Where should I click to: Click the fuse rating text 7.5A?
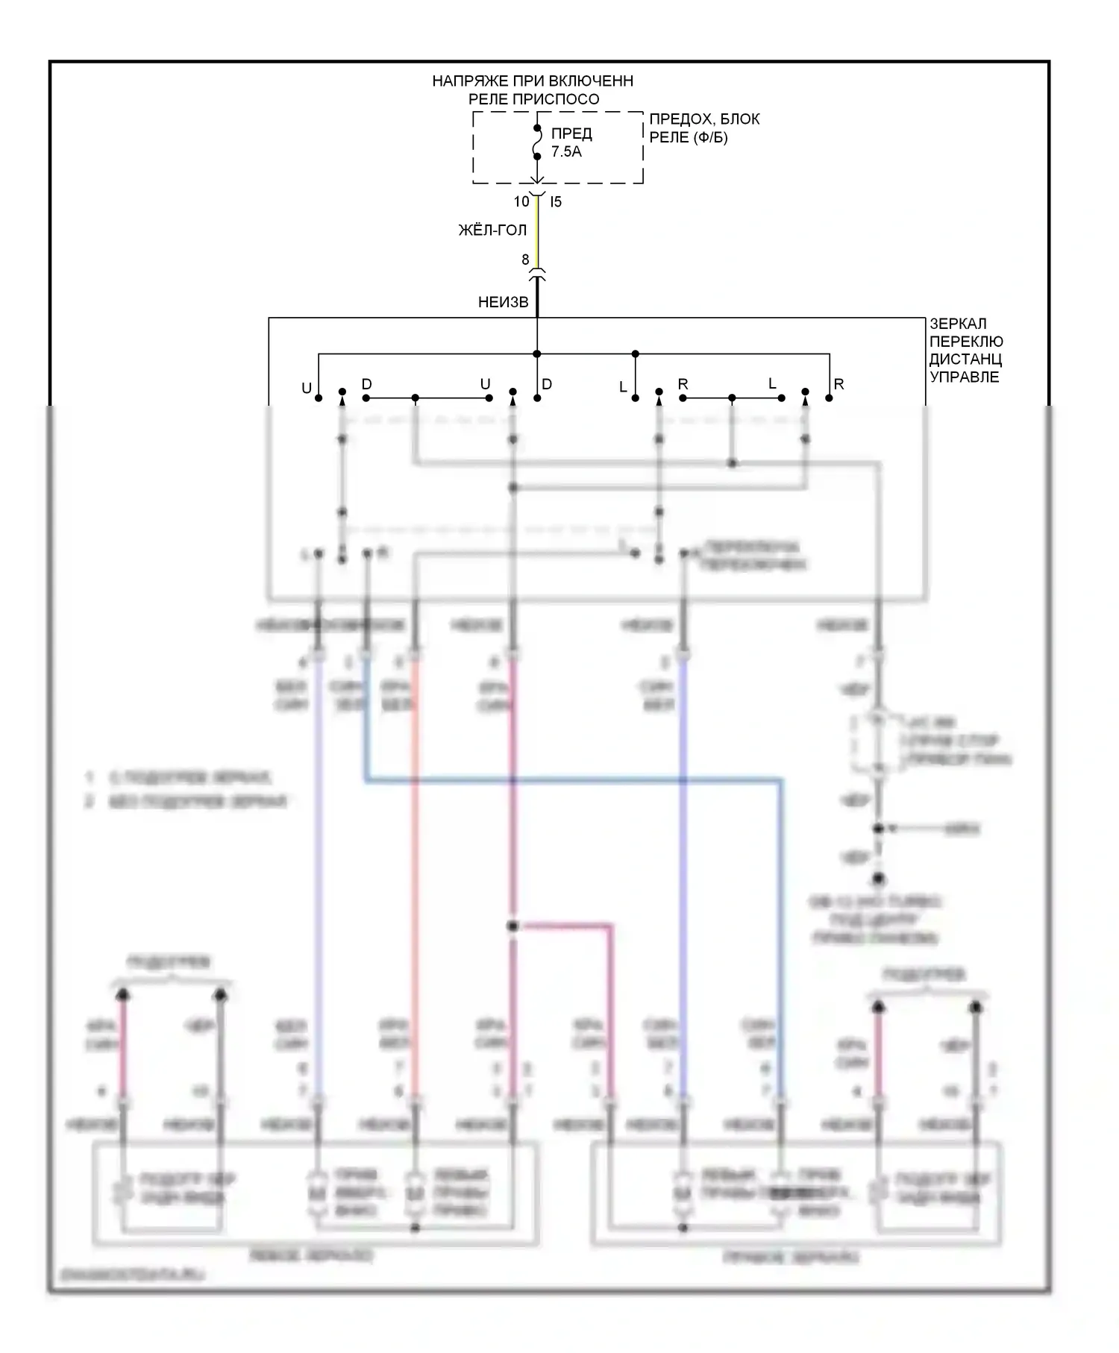coord(566,152)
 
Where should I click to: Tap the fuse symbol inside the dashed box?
coord(536,142)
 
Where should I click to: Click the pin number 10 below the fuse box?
coord(521,201)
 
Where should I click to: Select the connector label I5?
coord(556,201)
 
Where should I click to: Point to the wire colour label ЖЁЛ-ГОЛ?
coord(492,230)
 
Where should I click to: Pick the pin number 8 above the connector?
coord(525,260)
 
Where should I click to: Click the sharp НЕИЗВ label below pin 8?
coord(503,302)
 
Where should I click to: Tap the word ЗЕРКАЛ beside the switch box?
coord(958,324)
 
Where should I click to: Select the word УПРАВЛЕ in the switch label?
coord(965,377)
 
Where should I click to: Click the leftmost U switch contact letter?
coord(306,388)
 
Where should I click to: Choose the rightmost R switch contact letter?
coord(839,385)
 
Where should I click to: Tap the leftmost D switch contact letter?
coord(366,385)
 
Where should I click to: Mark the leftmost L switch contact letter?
coord(623,388)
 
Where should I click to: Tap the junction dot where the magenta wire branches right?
coord(512,926)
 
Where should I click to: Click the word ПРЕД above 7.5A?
coord(571,134)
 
